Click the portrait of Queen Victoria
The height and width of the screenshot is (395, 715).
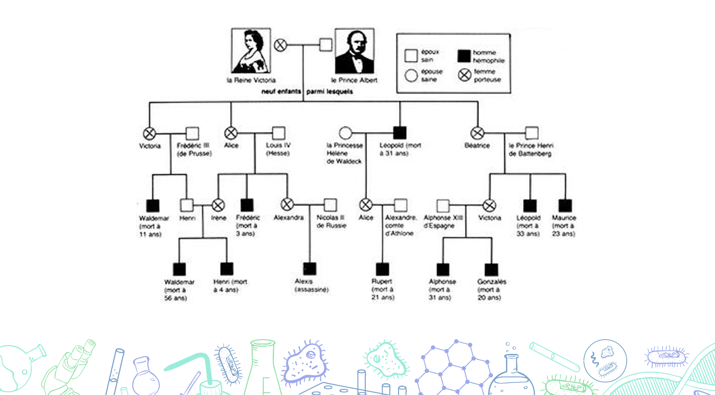(x=251, y=51)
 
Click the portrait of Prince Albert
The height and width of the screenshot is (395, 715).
(x=354, y=51)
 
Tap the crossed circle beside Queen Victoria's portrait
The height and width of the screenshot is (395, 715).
(x=280, y=45)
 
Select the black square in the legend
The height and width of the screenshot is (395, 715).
(x=464, y=56)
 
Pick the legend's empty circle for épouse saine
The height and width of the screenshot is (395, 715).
(x=411, y=76)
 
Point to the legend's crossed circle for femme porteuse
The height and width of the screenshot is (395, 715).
(x=464, y=75)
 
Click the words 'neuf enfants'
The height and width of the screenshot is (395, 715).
(x=281, y=92)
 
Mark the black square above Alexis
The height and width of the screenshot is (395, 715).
(x=309, y=269)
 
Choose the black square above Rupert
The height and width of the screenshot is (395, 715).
(x=382, y=269)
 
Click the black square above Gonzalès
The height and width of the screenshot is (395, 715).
(x=491, y=269)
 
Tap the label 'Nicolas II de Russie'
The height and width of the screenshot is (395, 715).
(x=331, y=222)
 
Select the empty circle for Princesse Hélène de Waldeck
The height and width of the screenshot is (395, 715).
(x=345, y=133)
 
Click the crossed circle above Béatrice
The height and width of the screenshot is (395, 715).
(x=477, y=133)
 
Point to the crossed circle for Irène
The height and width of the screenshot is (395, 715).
(x=218, y=205)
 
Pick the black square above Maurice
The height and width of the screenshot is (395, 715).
(x=565, y=206)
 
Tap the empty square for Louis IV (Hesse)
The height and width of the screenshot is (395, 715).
(x=279, y=133)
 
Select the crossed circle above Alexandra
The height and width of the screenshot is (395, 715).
(x=287, y=204)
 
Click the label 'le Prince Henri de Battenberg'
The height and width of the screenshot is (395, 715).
(x=531, y=149)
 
